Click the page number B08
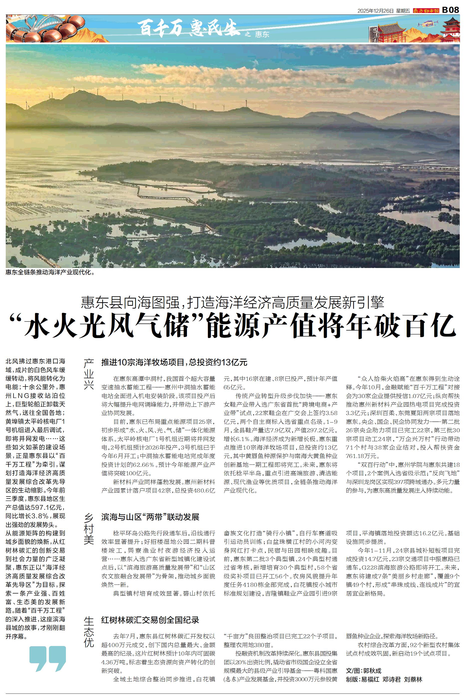click(x=451, y=10)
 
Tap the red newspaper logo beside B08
click(x=426, y=11)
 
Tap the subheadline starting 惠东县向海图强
click(x=233, y=302)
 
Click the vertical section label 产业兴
click(x=89, y=374)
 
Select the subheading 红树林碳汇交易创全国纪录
click(x=150, y=611)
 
